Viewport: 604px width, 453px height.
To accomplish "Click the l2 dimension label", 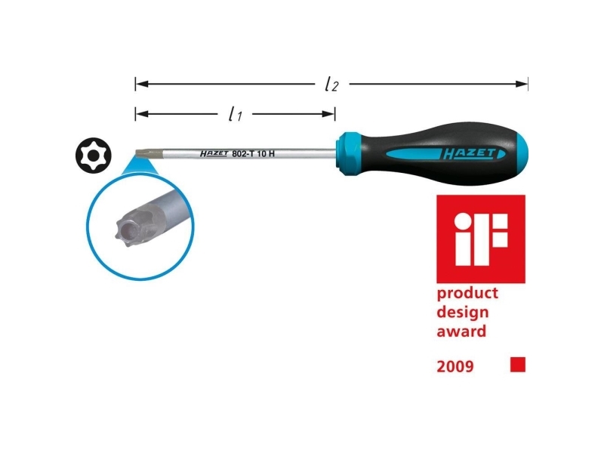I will tap(331, 85).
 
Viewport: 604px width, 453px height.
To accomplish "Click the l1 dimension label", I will tap(235, 115).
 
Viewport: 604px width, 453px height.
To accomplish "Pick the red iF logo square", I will tap(480, 239).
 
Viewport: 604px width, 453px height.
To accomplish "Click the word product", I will tap(467, 294).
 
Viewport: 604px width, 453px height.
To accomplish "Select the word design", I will tap(463, 313).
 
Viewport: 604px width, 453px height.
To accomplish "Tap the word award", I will tap(461, 331).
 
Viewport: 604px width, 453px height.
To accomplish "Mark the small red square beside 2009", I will tap(517, 365).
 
